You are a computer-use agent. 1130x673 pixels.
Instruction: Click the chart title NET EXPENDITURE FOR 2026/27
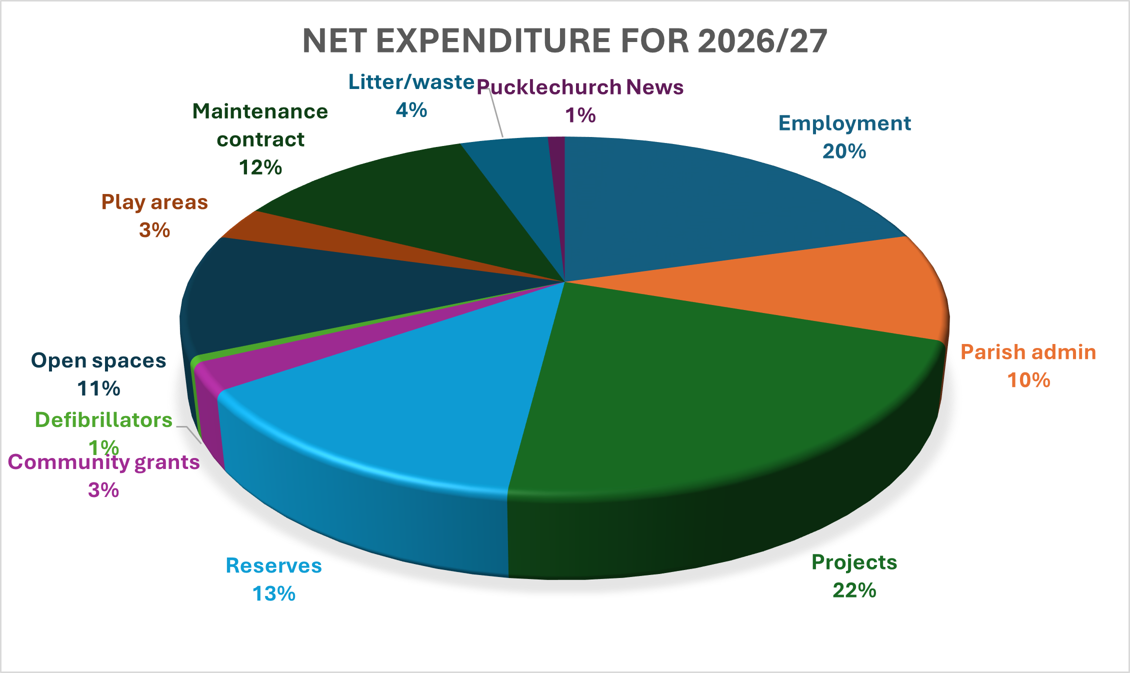point(564,40)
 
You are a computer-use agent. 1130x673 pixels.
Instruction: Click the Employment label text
point(844,123)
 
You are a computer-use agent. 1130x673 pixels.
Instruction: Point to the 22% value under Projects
point(854,590)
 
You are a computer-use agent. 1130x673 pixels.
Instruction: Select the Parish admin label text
point(1028,352)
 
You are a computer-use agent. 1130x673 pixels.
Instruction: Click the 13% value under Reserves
point(273,594)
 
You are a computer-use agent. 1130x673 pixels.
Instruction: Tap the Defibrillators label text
point(103,420)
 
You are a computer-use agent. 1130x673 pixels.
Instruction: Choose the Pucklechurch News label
point(580,87)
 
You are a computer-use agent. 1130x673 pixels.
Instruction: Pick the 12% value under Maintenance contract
point(260,167)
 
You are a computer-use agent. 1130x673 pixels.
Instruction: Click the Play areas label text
point(154,202)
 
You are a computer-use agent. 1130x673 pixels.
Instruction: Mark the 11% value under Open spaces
point(98,388)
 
